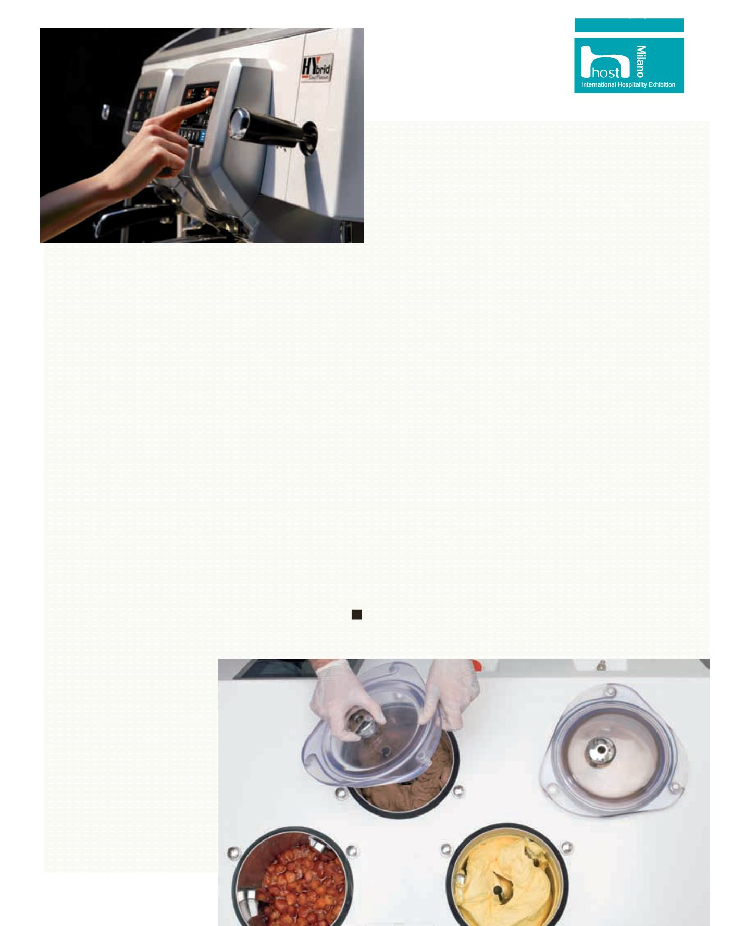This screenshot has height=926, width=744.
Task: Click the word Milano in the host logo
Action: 641,61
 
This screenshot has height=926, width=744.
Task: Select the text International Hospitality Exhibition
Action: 628,84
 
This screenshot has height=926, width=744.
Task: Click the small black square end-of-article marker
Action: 356,614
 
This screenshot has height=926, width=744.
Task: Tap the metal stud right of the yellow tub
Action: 566,848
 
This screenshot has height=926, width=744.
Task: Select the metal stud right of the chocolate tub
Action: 458,792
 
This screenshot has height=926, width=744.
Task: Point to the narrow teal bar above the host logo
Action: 629,25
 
